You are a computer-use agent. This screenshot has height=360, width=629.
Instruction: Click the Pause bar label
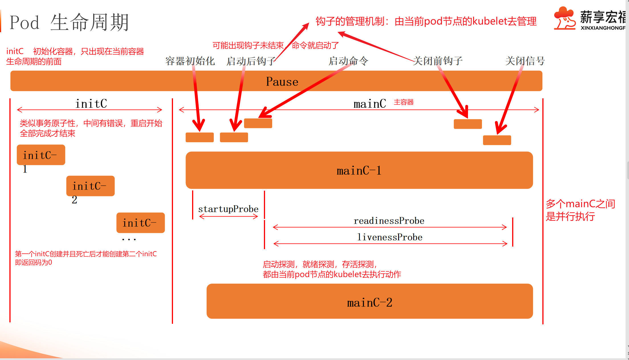pos(282,82)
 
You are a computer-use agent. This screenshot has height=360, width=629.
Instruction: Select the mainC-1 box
pos(359,170)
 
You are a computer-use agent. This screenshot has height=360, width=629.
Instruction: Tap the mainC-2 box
pos(370,301)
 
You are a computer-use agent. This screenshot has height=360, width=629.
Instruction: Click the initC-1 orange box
pos(41,155)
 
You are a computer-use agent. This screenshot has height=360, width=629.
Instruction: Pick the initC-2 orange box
pos(90,186)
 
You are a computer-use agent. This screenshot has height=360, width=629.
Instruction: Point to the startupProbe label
pos(228,209)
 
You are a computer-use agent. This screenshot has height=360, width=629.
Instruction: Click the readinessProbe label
pos(389,221)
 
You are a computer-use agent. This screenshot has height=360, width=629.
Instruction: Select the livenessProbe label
pos(390,237)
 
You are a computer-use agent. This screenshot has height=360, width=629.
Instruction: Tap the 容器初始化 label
pos(190,61)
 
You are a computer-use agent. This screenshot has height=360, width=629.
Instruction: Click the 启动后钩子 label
pos(251,61)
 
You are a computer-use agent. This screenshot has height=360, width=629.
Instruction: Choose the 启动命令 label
pos(349,61)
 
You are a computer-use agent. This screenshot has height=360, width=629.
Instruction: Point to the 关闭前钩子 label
pos(438,61)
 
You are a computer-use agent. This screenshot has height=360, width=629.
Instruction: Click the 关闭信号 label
pos(525,61)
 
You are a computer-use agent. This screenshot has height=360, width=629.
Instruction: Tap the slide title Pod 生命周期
pos(69,22)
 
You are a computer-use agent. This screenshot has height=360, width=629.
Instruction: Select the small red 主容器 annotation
pos(404,102)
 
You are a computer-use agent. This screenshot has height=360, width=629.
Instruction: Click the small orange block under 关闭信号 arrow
pos(497,140)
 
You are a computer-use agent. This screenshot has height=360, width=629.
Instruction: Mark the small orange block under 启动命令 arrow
pos(258,123)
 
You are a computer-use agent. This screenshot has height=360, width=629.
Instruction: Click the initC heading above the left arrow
pos(91,103)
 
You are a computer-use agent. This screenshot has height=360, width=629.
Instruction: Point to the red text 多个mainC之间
pos(581,204)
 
